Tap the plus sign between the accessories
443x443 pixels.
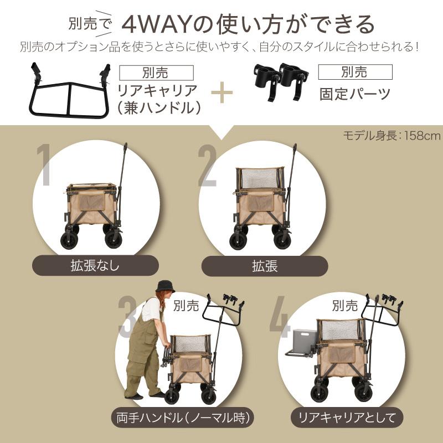(x=221, y=92)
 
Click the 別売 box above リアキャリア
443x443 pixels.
(x=157, y=73)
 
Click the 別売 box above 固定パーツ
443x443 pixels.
(x=355, y=72)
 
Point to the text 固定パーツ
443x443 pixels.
(x=355, y=93)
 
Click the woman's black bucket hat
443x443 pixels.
(x=164, y=286)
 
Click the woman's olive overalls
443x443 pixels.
(x=141, y=349)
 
